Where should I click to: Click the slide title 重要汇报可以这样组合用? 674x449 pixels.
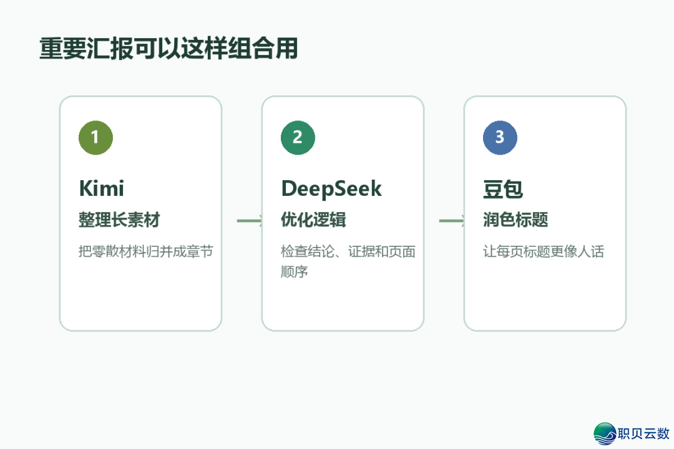(x=168, y=48)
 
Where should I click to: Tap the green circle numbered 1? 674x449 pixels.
(x=96, y=137)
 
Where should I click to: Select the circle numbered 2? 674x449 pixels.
(x=298, y=137)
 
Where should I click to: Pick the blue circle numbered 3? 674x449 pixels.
(x=500, y=137)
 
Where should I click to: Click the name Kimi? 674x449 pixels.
(x=102, y=188)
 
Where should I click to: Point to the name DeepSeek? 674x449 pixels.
(x=331, y=189)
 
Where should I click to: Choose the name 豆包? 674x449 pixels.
(x=503, y=189)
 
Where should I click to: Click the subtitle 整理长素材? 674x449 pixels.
(x=119, y=220)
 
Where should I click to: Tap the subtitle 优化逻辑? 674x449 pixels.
(x=313, y=220)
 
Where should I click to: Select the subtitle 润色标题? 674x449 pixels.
(x=515, y=220)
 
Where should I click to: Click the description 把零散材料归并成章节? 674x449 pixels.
(x=145, y=251)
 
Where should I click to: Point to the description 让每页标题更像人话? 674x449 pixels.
(x=544, y=251)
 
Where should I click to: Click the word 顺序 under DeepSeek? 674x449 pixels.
(x=295, y=271)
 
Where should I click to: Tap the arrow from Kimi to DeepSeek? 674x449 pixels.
(x=250, y=221)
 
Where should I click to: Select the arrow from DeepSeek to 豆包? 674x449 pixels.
(x=452, y=221)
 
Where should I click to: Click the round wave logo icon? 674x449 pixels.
(x=605, y=433)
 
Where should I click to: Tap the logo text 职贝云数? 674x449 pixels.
(x=644, y=433)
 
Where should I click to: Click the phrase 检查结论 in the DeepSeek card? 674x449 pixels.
(x=307, y=251)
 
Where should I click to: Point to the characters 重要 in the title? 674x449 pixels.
(x=63, y=48)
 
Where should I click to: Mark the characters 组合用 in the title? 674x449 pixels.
(x=263, y=48)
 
